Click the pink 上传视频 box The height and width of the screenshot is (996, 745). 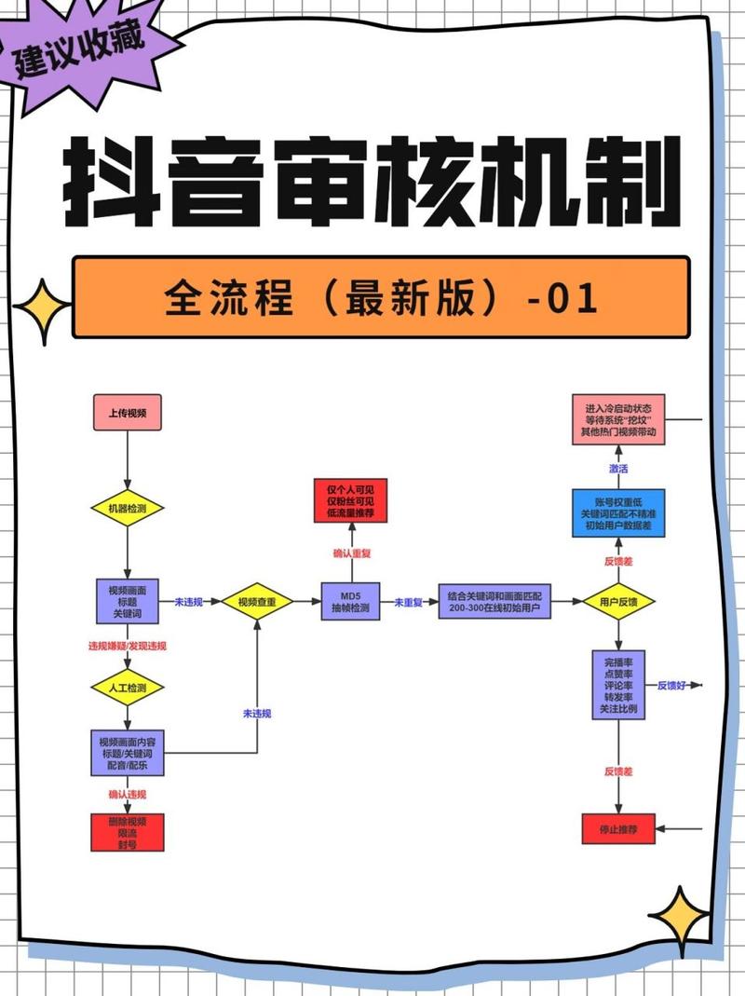(128, 412)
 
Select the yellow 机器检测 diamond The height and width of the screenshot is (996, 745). (128, 509)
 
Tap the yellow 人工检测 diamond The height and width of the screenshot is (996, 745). (128, 688)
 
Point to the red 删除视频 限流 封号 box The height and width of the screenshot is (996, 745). (128, 831)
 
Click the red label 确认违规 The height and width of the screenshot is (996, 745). (128, 794)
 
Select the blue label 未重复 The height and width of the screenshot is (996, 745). (408, 603)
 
